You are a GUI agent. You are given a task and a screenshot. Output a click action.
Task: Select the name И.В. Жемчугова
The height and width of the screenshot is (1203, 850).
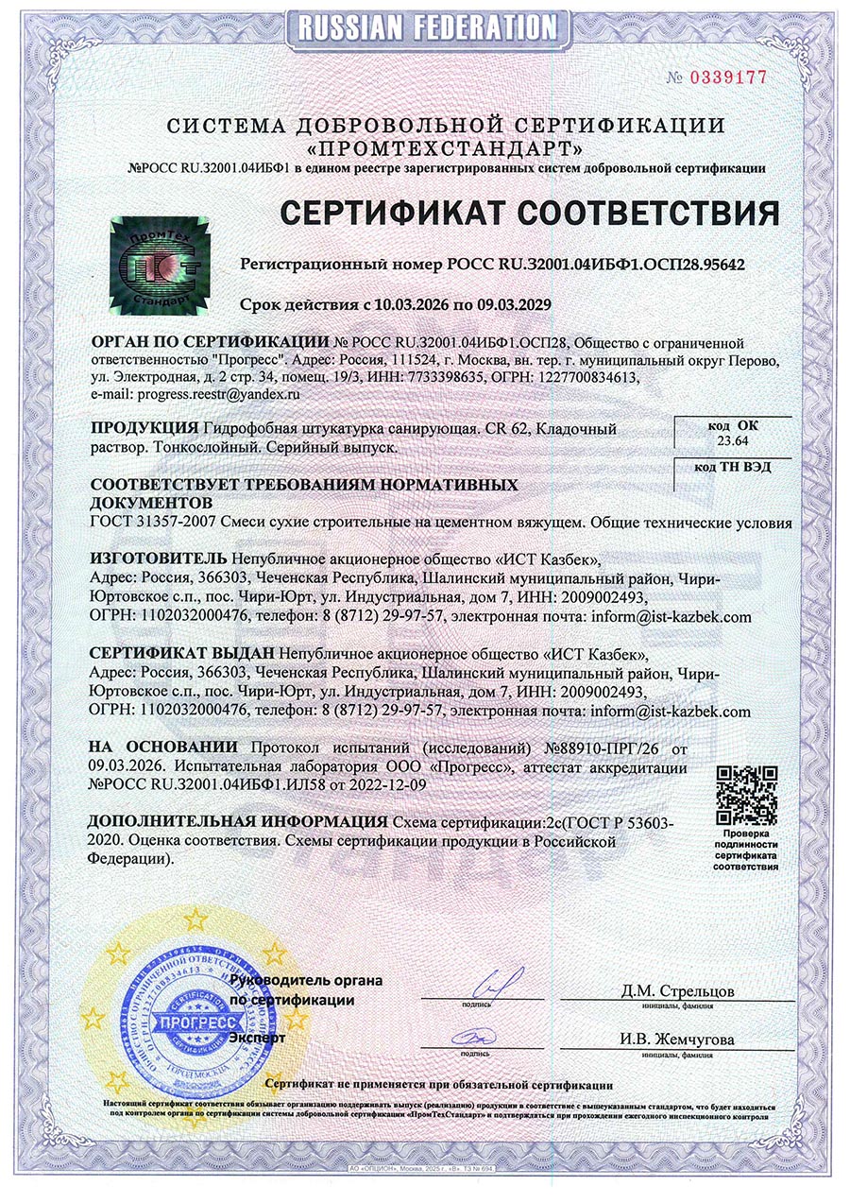point(676,1040)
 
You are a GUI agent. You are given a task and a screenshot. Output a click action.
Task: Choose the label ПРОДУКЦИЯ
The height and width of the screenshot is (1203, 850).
point(144,427)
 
